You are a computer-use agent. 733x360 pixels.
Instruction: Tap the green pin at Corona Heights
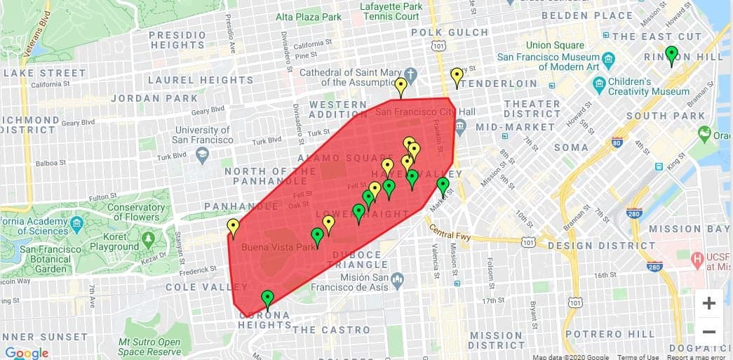click(267, 299)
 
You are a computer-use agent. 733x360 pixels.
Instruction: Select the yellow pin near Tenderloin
click(457, 76)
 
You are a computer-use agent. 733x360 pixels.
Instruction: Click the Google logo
click(26, 352)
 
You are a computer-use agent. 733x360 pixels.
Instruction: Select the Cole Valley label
click(206, 287)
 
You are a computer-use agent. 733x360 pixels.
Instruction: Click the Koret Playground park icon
click(148, 239)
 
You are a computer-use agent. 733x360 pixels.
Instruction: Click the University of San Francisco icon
click(202, 153)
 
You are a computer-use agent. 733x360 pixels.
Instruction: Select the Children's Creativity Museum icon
click(599, 86)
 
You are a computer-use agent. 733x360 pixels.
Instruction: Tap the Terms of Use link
click(638, 356)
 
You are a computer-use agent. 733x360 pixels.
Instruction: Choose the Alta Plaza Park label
click(309, 16)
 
